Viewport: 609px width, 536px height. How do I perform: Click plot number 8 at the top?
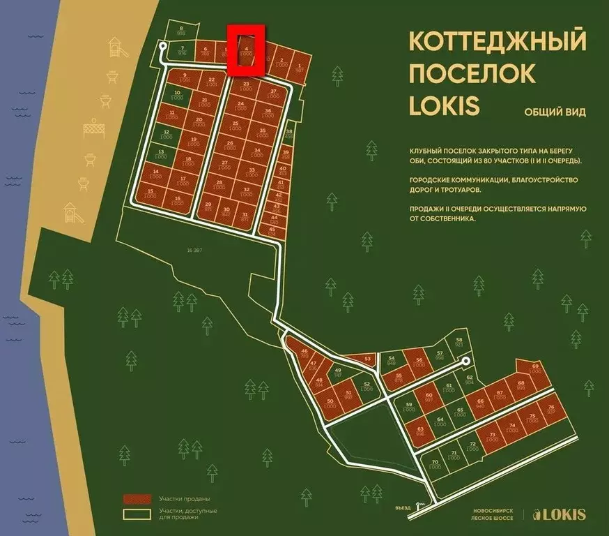point(182,30)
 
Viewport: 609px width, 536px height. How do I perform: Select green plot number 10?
point(177,96)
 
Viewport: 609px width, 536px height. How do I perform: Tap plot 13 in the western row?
point(161,155)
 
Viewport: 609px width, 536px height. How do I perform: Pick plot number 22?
point(211,81)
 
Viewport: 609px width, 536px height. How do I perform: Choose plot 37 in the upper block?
point(274,94)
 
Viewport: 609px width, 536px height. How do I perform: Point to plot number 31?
point(244,216)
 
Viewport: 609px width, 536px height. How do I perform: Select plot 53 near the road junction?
point(367,359)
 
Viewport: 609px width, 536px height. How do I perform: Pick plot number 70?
point(435,464)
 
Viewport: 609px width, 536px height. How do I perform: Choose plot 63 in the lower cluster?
point(420,431)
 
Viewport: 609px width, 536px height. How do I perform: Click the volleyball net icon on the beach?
point(93,130)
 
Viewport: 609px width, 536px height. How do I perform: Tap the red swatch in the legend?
point(137,499)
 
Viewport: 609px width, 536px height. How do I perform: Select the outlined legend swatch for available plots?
point(137,514)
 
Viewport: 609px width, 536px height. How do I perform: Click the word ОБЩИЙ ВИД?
point(555,111)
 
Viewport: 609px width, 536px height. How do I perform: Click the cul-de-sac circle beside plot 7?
point(163,46)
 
